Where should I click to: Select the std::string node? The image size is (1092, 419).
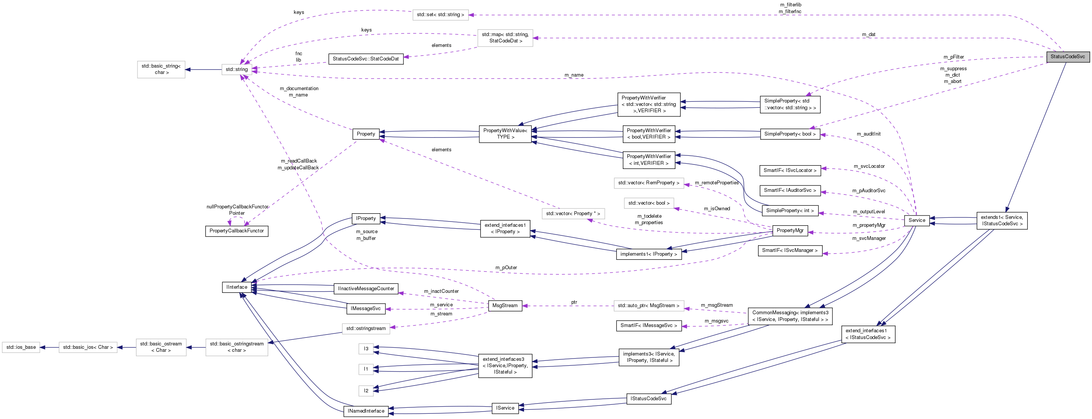(237, 69)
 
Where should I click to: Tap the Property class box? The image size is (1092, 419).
(366, 134)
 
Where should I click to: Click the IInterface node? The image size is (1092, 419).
(237, 287)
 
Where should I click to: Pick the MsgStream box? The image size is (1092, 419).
(504, 306)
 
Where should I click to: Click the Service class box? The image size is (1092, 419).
(917, 220)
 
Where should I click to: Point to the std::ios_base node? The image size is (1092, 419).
(21, 347)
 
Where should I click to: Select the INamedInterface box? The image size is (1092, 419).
(366, 411)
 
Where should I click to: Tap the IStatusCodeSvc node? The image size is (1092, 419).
(648, 399)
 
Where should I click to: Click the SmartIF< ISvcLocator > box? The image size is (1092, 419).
(790, 170)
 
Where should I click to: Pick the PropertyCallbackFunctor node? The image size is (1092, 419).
(237, 231)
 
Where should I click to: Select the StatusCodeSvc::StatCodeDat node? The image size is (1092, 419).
(366, 59)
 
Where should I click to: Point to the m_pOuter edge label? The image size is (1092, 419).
(506, 268)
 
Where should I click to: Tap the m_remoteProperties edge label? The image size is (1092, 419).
(716, 183)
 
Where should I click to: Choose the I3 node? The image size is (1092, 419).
(366, 349)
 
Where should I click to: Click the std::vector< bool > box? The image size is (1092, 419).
(649, 203)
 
